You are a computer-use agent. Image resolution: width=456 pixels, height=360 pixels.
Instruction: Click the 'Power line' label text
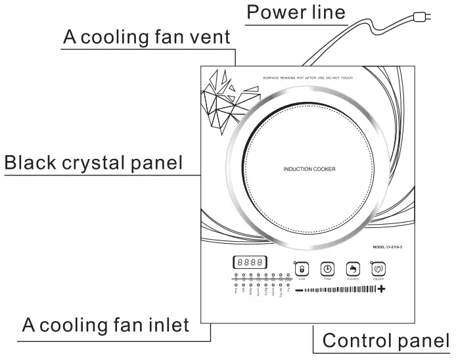coord(295,12)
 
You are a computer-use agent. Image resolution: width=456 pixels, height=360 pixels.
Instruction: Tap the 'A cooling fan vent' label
coord(147,37)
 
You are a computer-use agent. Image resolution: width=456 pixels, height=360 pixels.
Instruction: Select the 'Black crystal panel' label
coord(93,162)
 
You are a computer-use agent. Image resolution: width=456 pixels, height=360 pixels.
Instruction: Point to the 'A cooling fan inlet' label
coord(106,325)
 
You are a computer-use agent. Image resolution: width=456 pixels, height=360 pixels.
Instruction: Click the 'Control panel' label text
coord(386,341)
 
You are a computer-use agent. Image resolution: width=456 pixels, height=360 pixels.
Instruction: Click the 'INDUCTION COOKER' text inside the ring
coord(309,169)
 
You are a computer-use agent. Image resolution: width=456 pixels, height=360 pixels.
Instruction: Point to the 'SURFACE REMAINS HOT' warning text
coord(308,78)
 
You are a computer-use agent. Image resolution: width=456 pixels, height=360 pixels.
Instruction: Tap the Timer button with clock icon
coord(327,269)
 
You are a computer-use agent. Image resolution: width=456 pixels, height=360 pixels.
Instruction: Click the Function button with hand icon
coord(353,269)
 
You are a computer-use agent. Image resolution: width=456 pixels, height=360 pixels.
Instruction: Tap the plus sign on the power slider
coord(381,290)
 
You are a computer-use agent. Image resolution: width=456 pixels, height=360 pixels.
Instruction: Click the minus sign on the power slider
coord(299,290)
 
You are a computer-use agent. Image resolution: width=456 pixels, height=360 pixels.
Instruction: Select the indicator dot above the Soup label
coord(237,286)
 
